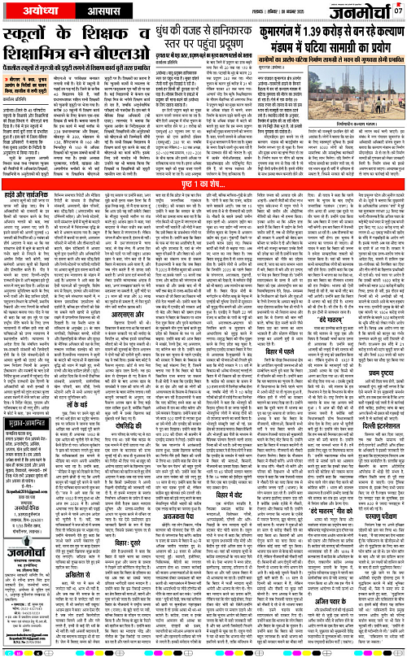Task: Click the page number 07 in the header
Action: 399,10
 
